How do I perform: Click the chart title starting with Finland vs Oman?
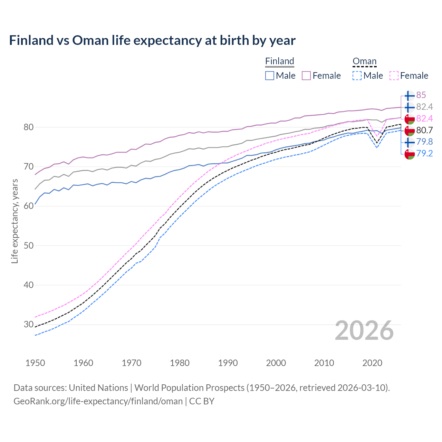coord(152,40)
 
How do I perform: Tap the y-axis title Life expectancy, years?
coord(15,221)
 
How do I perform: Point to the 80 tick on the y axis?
coord(28,127)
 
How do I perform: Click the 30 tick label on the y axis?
coord(28,325)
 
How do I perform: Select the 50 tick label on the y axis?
coord(28,246)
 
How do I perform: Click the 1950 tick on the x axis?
coord(35,363)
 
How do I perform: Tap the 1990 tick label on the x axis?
coord(228,363)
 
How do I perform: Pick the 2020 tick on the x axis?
coord(372,363)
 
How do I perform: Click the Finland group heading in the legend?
coord(279,61)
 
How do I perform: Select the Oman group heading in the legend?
coord(364,61)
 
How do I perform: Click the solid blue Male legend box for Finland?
coord(270,76)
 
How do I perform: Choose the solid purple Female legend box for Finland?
coord(306,76)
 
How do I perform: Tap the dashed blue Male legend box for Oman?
coord(357,76)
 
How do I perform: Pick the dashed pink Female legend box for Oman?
coord(394,76)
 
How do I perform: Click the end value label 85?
coord(421,95)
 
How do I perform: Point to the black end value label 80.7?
coord(424,131)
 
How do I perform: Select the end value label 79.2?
coord(424,154)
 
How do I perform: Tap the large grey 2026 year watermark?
coord(364,331)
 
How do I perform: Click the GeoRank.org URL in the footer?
coord(98,401)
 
